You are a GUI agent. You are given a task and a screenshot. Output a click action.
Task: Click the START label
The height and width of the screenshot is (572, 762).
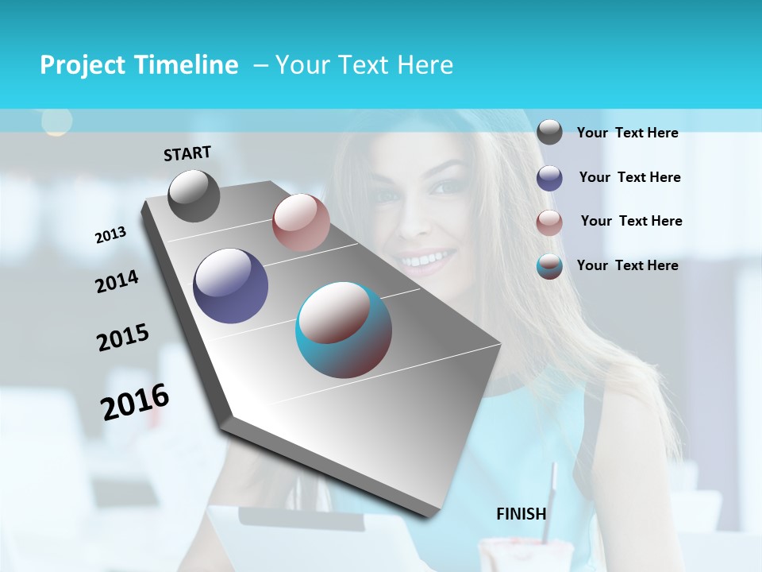coord(187,153)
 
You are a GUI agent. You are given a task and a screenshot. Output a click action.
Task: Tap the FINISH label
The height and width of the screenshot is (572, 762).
coord(521,514)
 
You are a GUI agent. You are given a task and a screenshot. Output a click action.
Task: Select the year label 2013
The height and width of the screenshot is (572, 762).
coord(110,235)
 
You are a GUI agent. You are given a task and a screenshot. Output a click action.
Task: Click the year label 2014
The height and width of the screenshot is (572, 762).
coord(117,282)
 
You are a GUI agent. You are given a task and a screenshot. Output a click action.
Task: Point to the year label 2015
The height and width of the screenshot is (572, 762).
coord(123,338)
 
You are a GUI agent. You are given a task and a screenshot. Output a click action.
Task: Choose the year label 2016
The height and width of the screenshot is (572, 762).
coord(135,401)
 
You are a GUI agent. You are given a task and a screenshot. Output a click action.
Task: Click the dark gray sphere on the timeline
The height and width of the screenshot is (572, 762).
coord(194,195)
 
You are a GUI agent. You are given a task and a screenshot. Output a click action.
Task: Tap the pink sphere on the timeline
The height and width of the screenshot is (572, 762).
coord(301,222)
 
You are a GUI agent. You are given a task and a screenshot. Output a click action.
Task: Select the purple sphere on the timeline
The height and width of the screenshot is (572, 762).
coord(230,286)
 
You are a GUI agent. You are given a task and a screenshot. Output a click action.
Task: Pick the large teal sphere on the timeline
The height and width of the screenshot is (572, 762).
coord(344,330)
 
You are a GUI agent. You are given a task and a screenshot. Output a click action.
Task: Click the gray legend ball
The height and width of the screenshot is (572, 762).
coord(549,132)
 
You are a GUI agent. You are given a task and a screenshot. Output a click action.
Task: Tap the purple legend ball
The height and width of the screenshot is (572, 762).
coord(549,178)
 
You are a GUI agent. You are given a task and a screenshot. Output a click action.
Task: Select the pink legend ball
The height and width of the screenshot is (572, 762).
coord(549,222)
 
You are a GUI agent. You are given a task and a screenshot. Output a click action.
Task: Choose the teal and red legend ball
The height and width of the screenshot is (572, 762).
coord(549,266)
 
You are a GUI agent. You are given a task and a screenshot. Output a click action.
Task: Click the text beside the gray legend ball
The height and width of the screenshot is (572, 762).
coord(627,133)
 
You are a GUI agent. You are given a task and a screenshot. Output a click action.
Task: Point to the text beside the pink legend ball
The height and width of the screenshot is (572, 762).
coord(631,221)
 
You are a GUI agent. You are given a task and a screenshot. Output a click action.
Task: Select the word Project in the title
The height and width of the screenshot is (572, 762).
coord(83,65)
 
